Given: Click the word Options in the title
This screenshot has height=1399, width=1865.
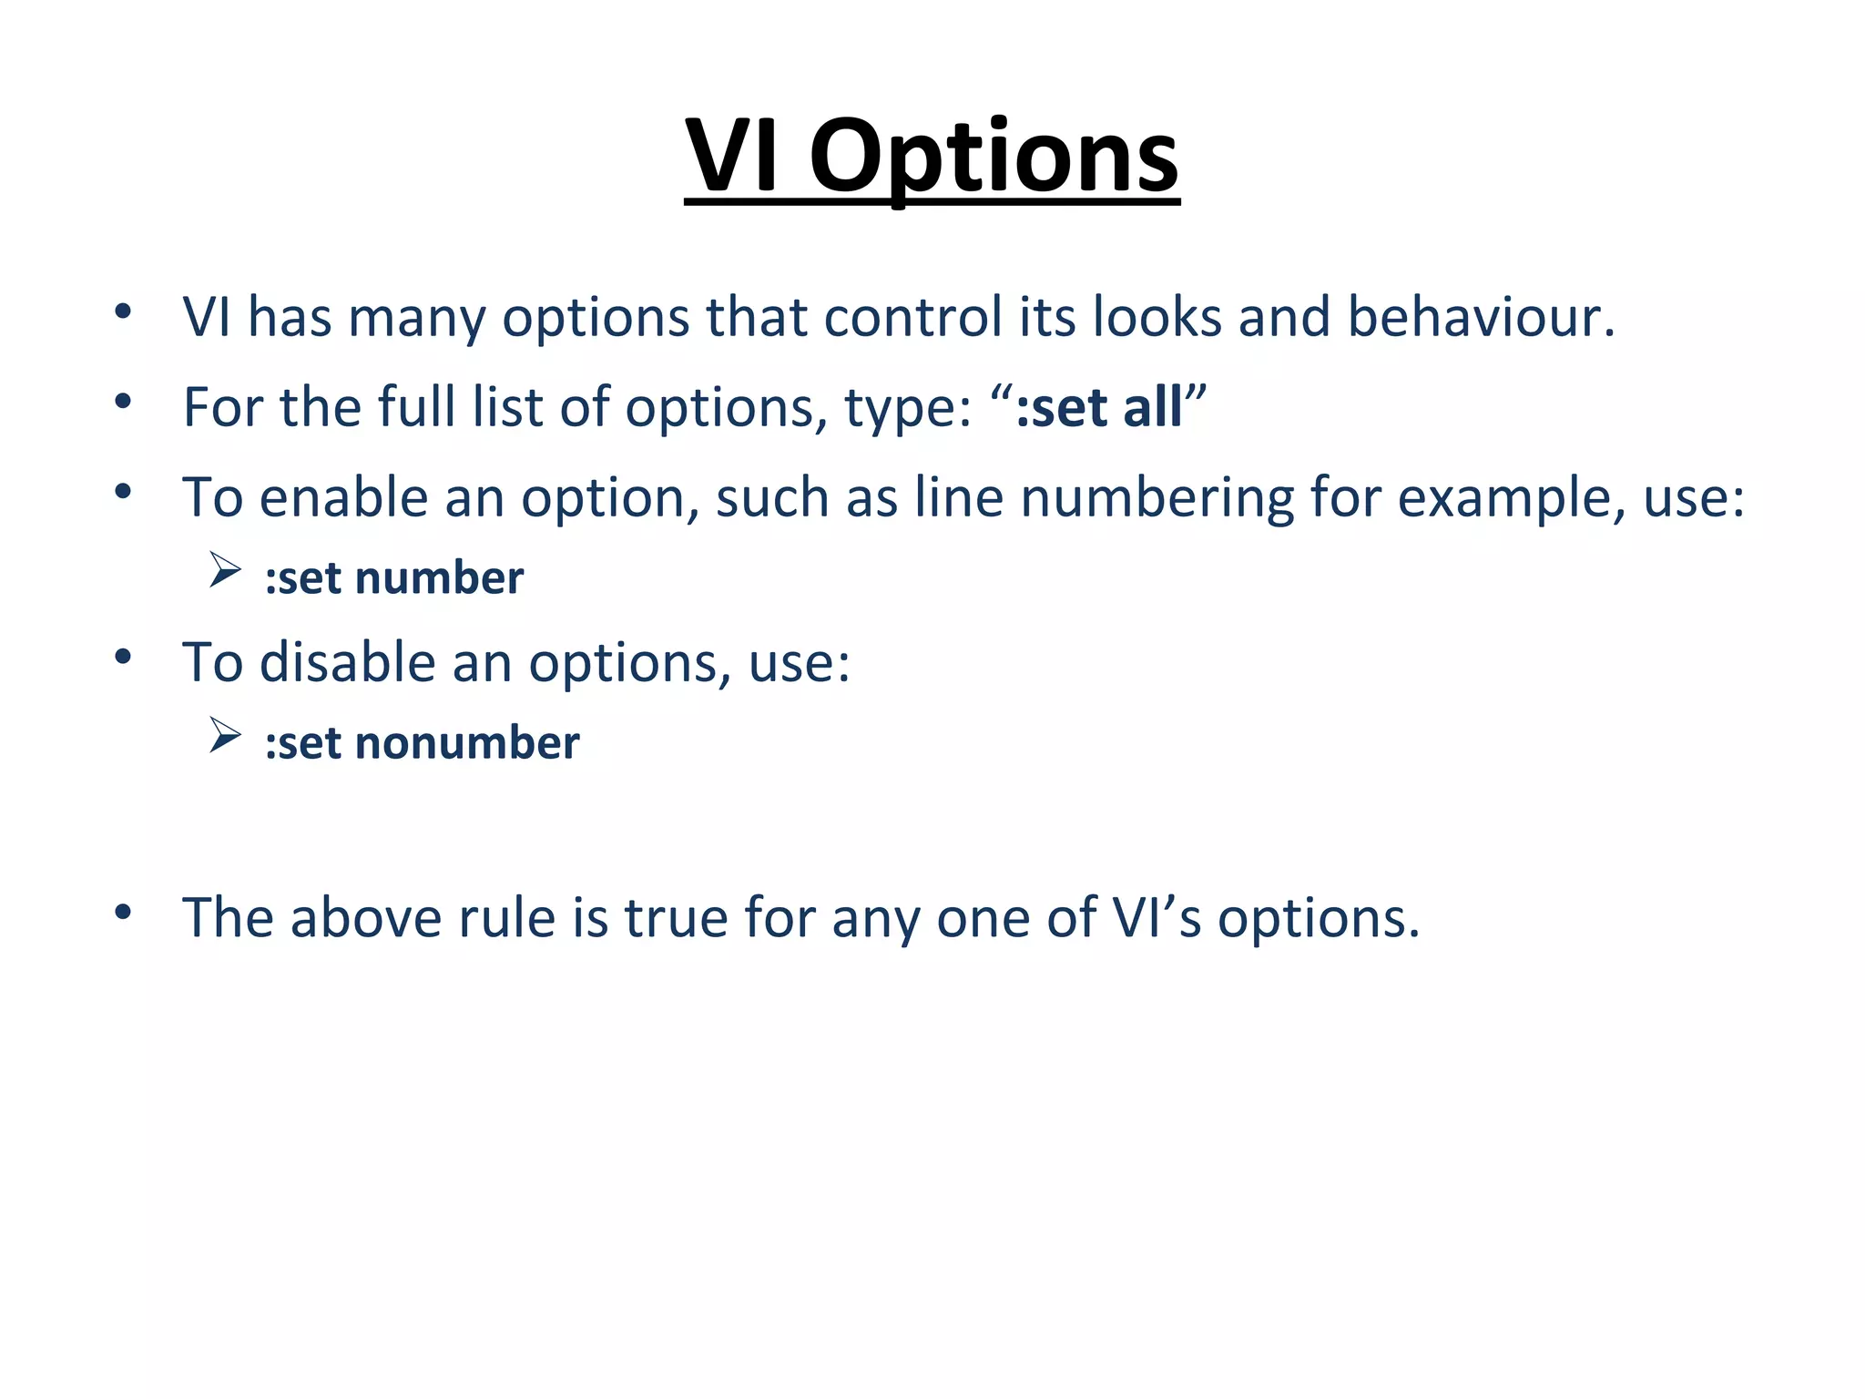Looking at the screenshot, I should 994,157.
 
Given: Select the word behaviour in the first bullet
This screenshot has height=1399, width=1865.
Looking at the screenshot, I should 1481,318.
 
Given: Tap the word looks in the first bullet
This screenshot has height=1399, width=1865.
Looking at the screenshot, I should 1157,318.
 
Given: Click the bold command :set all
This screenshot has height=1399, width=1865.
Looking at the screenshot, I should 1098,407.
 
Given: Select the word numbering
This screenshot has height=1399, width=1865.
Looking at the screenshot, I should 1157,499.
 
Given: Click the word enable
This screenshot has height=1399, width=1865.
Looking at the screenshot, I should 343,499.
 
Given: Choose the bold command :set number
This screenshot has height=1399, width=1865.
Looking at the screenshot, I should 394,578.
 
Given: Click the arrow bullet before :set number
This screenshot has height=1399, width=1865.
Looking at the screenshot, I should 224,570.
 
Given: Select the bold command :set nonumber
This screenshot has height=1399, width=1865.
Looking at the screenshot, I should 422,743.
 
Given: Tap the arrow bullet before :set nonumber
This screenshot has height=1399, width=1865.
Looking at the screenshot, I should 224,735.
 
